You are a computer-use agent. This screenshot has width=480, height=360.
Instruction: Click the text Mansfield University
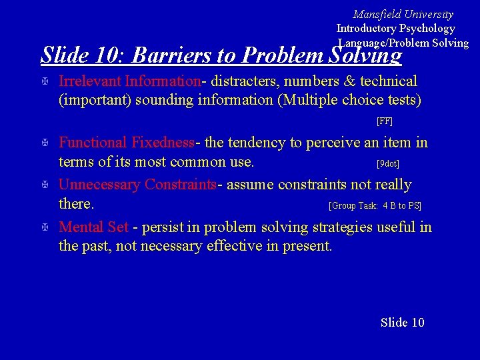[x=403, y=14]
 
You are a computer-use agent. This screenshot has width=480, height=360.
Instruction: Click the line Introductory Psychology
[x=395, y=28]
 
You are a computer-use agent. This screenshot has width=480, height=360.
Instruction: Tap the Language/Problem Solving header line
[x=403, y=43]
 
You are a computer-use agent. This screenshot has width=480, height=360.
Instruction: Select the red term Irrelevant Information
[x=130, y=81]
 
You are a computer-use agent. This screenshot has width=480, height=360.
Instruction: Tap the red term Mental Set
[x=94, y=227]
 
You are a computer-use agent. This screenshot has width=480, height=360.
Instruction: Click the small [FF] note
[x=385, y=121]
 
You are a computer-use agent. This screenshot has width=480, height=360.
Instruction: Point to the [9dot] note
[x=387, y=163]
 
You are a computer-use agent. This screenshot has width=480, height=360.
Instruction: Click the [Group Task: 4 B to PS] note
[x=375, y=206]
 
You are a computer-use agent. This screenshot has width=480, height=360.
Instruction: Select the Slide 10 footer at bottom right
[x=402, y=323]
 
